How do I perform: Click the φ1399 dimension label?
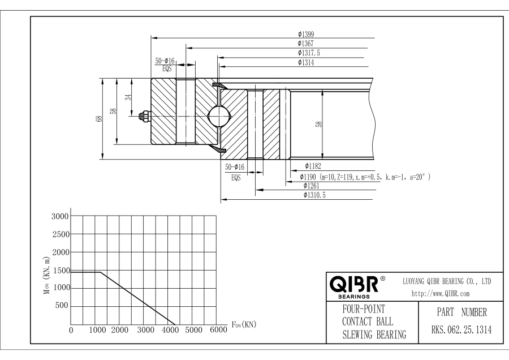click(x=306, y=35)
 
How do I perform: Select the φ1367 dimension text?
click(x=306, y=44)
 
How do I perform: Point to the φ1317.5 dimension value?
click(x=309, y=53)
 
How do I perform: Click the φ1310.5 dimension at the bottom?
click(x=315, y=195)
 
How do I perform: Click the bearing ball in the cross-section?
click(x=219, y=116)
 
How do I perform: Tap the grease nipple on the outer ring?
click(x=143, y=117)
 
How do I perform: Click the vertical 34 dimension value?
click(x=128, y=97)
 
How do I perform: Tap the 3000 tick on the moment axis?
click(x=61, y=216)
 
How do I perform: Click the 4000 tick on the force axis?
click(x=170, y=330)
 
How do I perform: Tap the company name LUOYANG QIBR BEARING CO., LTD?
click(x=446, y=281)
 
